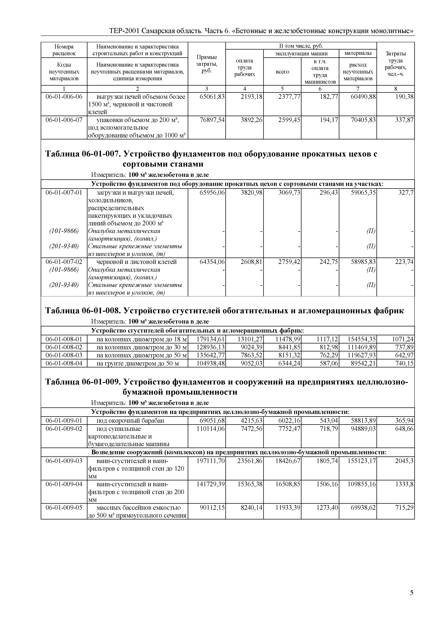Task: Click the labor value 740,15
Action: (x=404, y=363)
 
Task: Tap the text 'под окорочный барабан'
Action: (x=130, y=421)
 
